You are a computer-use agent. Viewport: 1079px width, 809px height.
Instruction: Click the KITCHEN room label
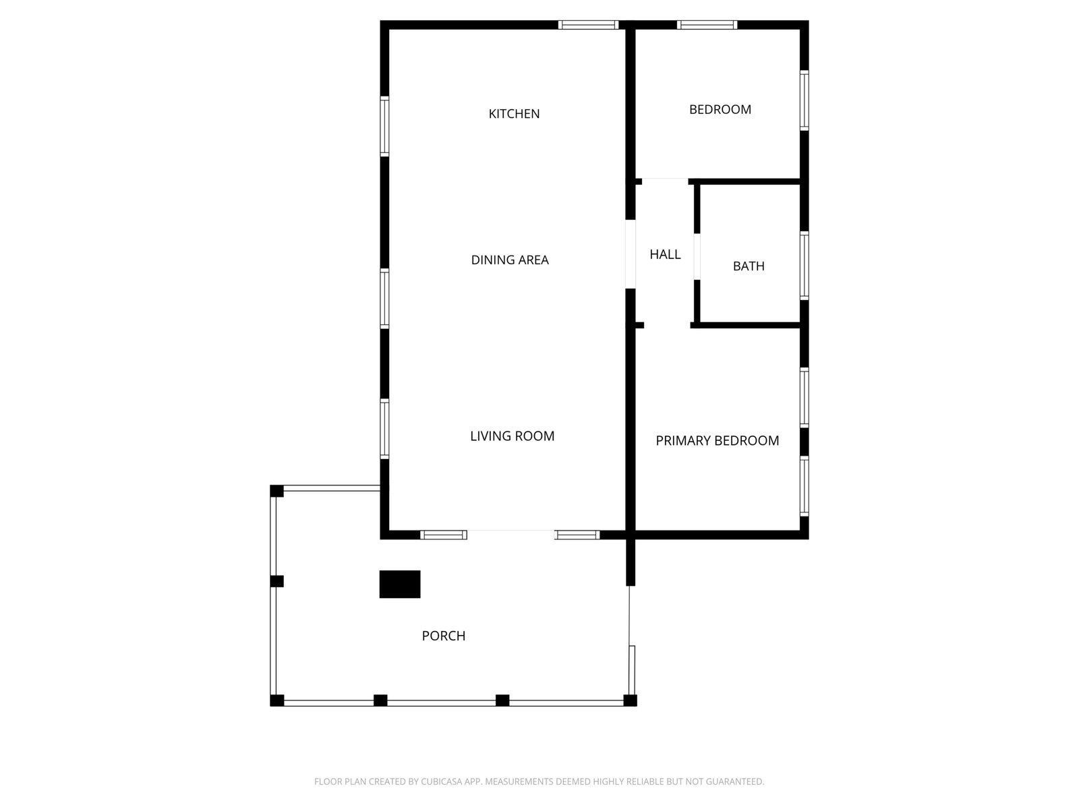514,114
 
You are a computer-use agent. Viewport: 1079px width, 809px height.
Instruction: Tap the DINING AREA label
510,260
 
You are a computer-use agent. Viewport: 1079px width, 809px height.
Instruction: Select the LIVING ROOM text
512,436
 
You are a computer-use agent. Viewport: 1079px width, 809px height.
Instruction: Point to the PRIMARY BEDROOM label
717,441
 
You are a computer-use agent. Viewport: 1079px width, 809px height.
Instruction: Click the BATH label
749,266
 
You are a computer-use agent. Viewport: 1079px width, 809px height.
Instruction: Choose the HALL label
665,255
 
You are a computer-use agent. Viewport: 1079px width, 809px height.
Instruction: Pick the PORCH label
443,636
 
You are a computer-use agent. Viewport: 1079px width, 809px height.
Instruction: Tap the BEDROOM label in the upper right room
720,110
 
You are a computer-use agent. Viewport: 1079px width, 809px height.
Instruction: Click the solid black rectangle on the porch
400,584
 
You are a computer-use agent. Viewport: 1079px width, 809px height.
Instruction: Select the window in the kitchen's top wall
588,26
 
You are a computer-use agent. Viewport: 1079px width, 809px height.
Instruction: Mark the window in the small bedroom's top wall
707,26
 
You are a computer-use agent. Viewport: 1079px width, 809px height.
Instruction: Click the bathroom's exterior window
804,265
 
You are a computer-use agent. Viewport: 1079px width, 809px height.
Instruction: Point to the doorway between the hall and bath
697,256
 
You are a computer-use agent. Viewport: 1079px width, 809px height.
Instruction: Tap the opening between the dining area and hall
631,254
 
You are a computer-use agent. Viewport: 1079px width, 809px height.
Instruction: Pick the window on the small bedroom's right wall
804,100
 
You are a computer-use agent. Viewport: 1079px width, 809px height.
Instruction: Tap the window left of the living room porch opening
443,535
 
